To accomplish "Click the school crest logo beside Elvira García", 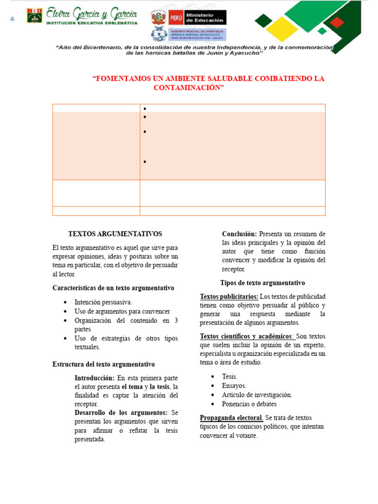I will [34, 15].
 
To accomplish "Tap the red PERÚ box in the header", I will [176, 18].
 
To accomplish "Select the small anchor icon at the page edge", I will [13, 19].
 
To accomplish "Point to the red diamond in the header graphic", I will [337, 22].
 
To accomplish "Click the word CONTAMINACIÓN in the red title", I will [189, 88].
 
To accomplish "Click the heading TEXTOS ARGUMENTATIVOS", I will [115, 234].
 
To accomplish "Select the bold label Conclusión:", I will [239, 234].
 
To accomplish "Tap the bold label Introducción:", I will [94, 378].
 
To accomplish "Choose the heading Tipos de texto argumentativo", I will [262, 283].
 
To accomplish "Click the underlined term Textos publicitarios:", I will [229, 296].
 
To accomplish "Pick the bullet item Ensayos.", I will [234, 385].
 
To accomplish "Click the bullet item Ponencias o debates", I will [249, 404].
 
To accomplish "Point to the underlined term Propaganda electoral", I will [231, 418].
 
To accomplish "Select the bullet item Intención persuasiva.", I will [103, 302].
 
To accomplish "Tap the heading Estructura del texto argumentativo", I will [103, 364].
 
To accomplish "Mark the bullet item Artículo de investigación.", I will [257, 395].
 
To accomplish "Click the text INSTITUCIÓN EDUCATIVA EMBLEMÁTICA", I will [92, 23].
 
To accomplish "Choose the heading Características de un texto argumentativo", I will [113, 288].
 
